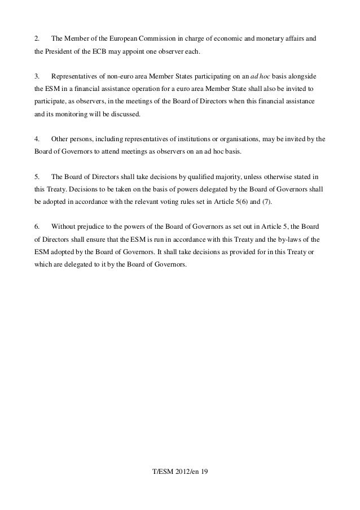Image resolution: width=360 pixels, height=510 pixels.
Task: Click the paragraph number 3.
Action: click(37, 76)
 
